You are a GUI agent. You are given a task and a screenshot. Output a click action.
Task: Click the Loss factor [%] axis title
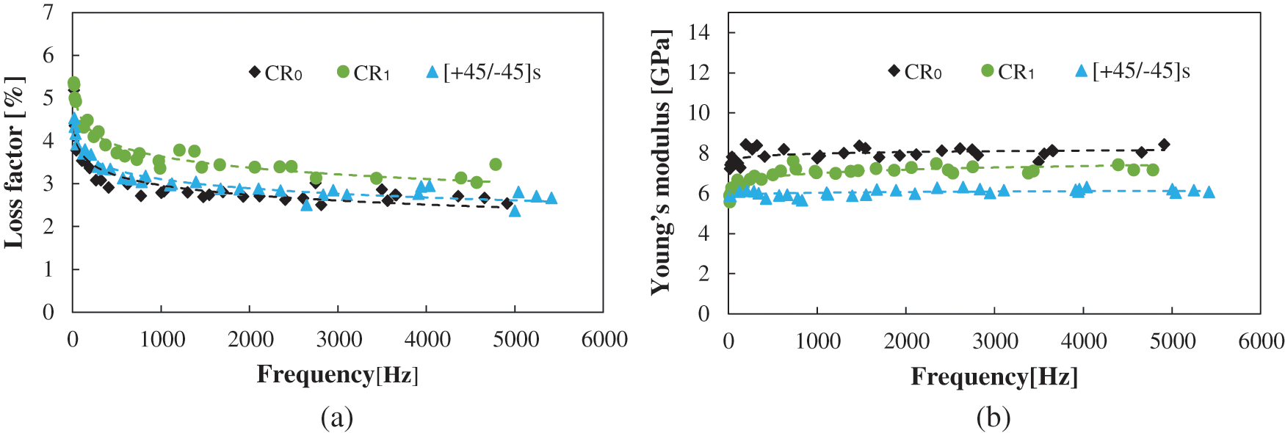tap(14, 162)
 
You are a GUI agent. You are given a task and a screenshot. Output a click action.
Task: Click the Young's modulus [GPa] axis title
tap(660, 163)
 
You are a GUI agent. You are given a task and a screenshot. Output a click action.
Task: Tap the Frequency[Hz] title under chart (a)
tap(337, 374)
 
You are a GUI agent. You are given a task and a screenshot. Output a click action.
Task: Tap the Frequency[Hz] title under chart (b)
tap(994, 376)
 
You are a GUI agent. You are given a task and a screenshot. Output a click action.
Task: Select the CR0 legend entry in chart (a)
tap(275, 73)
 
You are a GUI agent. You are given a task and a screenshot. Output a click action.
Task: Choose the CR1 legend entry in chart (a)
tap(363, 73)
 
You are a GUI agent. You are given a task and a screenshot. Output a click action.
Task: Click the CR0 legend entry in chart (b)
tap(915, 71)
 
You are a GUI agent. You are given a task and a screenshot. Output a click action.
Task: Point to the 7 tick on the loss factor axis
tap(48, 12)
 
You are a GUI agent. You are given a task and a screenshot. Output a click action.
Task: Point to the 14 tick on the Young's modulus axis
tap(699, 32)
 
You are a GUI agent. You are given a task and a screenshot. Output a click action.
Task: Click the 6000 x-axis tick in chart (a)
tap(604, 339)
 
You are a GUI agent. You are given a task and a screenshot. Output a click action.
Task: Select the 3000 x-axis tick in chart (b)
tap(995, 341)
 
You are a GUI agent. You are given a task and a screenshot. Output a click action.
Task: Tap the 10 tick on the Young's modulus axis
tap(699, 112)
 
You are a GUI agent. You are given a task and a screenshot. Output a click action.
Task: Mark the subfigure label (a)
tap(337, 418)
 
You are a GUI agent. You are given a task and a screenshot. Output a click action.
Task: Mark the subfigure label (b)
tap(993, 418)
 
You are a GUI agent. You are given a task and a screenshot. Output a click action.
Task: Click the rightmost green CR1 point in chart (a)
tap(496, 164)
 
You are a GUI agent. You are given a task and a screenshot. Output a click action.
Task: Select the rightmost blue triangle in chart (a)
tap(551, 198)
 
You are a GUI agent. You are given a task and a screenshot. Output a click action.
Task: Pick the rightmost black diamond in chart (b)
tap(1164, 145)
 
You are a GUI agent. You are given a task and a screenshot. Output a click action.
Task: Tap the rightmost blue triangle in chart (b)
tap(1209, 192)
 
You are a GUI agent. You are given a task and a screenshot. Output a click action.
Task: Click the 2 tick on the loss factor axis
tap(48, 226)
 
